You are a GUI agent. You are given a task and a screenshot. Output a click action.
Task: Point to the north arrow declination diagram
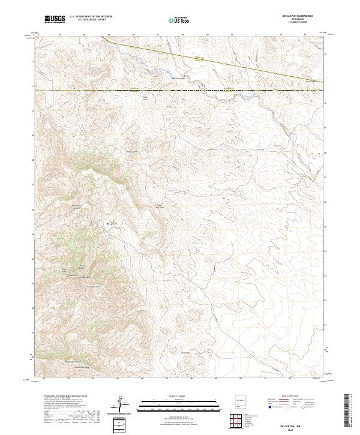(122, 405)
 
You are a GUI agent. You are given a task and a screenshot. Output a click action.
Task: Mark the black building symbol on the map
(109, 223)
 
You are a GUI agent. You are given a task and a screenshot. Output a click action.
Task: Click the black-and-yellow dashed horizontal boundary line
(180, 91)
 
